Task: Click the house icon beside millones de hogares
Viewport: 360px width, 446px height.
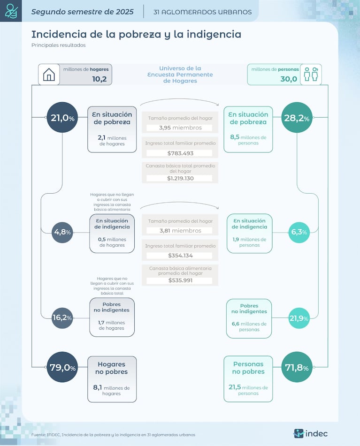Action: pos(49,75)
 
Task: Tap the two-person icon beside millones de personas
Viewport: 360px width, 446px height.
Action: pos(311,75)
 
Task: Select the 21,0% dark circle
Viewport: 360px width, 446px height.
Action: pos(62,118)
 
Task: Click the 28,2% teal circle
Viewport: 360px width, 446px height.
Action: pos(296,118)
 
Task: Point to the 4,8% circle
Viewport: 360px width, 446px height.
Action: pos(62,232)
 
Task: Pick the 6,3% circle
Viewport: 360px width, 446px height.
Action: pos(299,232)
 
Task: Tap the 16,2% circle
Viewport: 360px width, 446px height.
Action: pos(62,317)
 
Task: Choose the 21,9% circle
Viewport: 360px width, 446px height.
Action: pos(299,318)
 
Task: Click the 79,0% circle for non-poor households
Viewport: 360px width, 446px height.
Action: pos(62,367)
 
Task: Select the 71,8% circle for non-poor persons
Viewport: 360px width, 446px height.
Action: pos(297,367)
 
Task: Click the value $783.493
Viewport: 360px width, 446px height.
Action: pos(180,153)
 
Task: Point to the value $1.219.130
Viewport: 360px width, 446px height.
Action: pos(180,178)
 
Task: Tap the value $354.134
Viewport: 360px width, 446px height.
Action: pos(180,256)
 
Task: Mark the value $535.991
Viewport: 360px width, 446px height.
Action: pos(180,280)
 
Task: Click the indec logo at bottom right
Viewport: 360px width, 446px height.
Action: pos(311,433)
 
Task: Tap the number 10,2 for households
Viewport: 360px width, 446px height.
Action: pos(100,79)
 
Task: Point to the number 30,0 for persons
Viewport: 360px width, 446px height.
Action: pos(289,79)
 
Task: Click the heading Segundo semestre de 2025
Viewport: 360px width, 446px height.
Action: pos(82,12)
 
